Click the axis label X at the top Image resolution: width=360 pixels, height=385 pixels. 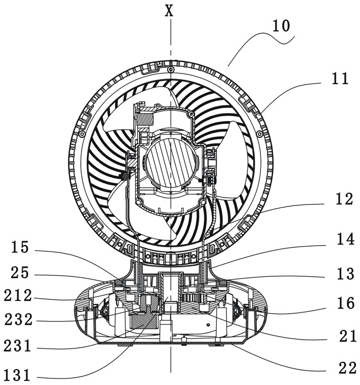click(x=169, y=11)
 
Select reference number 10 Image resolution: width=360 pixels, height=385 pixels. click(x=281, y=26)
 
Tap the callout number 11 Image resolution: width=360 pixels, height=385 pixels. click(x=340, y=79)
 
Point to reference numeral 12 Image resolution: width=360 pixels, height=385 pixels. click(x=344, y=199)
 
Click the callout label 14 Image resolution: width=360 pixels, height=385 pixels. click(x=345, y=239)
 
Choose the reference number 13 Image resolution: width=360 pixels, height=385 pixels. click(x=345, y=274)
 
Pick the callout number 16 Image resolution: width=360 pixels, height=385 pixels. click(x=345, y=303)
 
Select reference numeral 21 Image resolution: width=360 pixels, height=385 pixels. click(x=348, y=336)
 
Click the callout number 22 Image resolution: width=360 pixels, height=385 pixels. click(x=347, y=368)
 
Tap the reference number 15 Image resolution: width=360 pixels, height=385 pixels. click(x=20, y=247)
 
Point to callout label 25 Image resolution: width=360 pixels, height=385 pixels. click(x=20, y=273)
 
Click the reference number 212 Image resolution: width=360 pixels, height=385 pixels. click(x=18, y=295)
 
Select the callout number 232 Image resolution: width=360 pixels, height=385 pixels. click(x=19, y=320)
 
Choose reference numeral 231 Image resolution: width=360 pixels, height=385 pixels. click(x=18, y=346)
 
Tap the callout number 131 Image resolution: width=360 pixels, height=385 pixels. click(x=17, y=375)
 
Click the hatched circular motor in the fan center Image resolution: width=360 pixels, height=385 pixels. click(x=171, y=163)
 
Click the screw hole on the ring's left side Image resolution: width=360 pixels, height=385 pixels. click(x=82, y=134)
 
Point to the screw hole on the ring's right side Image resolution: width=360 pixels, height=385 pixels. click(x=259, y=134)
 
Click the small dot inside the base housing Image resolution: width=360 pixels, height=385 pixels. click(x=208, y=325)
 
